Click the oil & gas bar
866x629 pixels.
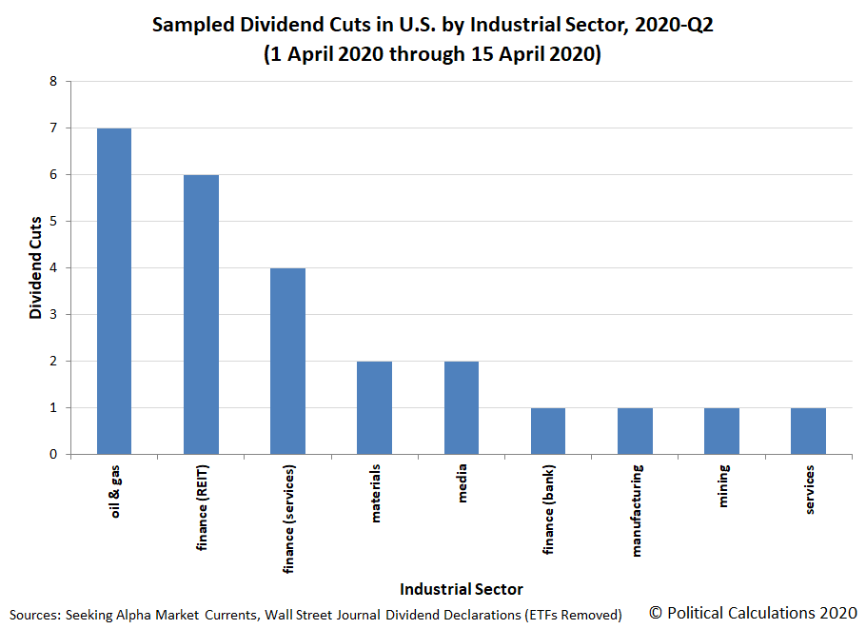click(x=114, y=291)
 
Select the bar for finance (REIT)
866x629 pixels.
click(x=201, y=314)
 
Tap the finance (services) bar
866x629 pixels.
click(x=287, y=361)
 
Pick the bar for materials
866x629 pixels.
click(x=374, y=407)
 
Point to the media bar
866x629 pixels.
click(x=461, y=407)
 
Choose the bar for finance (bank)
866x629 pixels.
click(x=548, y=431)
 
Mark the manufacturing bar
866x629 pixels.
click(x=635, y=431)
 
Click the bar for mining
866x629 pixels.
click(x=721, y=431)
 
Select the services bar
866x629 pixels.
click(x=808, y=431)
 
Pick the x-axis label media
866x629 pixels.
click(x=462, y=482)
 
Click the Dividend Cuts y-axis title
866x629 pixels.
click(x=36, y=268)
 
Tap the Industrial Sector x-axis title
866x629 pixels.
click(x=461, y=588)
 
